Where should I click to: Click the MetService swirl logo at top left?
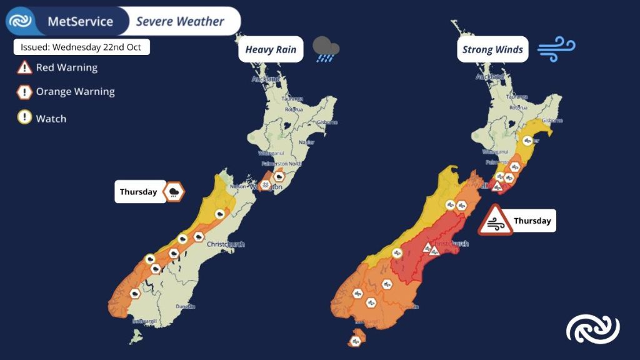click(x=21, y=21)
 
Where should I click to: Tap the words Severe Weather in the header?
click(x=181, y=22)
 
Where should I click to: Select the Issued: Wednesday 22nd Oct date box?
click(x=82, y=47)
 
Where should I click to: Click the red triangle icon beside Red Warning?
click(x=24, y=67)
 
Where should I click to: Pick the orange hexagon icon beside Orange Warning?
click(x=24, y=92)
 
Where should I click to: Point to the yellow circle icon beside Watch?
click(x=24, y=118)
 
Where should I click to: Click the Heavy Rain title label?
click(x=270, y=50)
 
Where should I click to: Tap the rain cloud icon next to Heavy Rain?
click(x=326, y=49)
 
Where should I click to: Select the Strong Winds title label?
click(x=492, y=50)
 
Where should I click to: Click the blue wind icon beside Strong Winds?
click(x=556, y=48)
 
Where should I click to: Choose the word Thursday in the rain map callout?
click(x=139, y=192)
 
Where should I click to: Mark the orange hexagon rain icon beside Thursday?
click(x=173, y=192)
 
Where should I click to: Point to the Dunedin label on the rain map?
click(x=186, y=306)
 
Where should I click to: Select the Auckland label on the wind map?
click(x=487, y=77)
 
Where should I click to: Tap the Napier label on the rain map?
click(x=306, y=142)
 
